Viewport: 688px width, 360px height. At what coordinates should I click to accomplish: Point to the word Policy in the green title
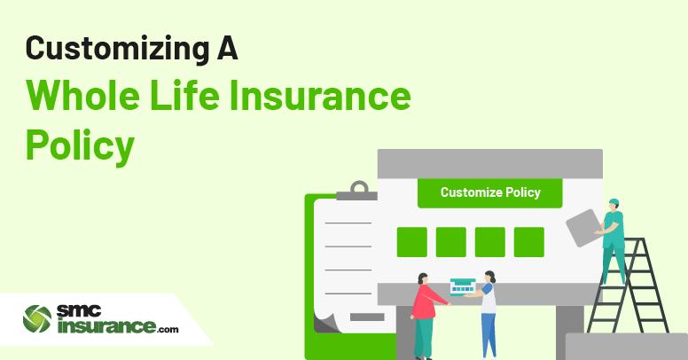80,144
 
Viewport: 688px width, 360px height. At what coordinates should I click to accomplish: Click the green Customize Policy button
490,192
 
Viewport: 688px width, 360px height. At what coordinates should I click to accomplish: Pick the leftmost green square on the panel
411,242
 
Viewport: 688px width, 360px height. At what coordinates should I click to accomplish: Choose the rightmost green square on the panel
528,242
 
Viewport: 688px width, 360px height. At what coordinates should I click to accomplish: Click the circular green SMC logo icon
37,319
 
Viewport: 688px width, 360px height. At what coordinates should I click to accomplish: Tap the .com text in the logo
168,330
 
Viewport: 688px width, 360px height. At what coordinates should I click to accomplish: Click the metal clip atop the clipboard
358,190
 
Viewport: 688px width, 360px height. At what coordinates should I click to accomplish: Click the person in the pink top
425,306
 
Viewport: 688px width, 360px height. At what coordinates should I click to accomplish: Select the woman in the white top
488,310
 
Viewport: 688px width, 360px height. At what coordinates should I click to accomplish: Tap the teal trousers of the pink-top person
424,337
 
